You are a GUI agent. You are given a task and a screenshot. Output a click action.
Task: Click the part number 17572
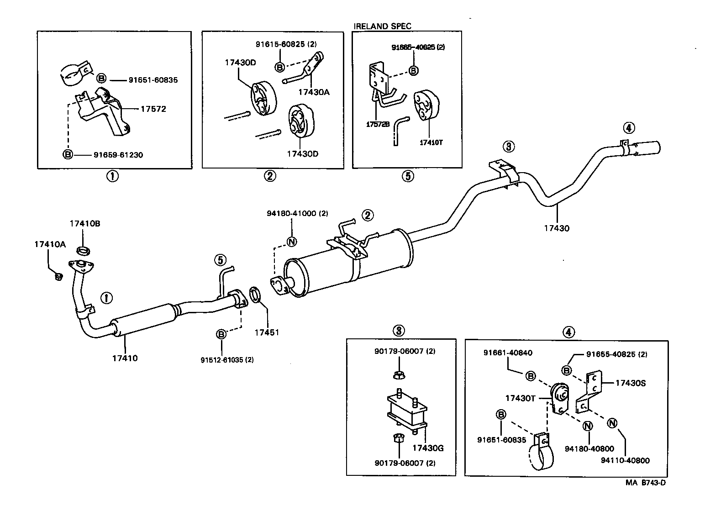pyautogui.click(x=153, y=109)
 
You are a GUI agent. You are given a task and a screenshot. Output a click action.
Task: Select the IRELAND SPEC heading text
pyautogui.click(x=382, y=26)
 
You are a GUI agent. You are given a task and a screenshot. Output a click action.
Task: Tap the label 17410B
pyautogui.click(x=85, y=224)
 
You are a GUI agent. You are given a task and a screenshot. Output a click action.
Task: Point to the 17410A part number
pyautogui.click(x=50, y=244)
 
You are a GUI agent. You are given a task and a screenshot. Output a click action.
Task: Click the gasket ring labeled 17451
pyautogui.click(x=256, y=295)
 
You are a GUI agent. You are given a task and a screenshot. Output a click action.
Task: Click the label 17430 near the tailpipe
pyautogui.click(x=557, y=228)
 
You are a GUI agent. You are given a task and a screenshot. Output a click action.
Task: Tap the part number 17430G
pyautogui.click(x=428, y=448)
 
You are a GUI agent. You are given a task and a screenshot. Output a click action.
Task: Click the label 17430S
pyautogui.click(x=631, y=383)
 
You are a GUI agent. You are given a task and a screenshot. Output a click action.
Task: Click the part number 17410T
pyautogui.click(x=431, y=142)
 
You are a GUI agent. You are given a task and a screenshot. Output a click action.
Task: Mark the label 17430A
pyautogui.click(x=314, y=92)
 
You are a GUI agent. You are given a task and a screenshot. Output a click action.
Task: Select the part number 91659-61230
pyautogui.click(x=118, y=155)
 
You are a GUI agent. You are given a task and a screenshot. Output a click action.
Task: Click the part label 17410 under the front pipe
pyautogui.click(x=125, y=358)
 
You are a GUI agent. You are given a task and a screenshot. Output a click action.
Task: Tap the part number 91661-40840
pyautogui.click(x=508, y=353)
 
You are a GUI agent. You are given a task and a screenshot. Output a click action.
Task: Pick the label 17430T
pyautogui.click(x=520, y=398)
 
